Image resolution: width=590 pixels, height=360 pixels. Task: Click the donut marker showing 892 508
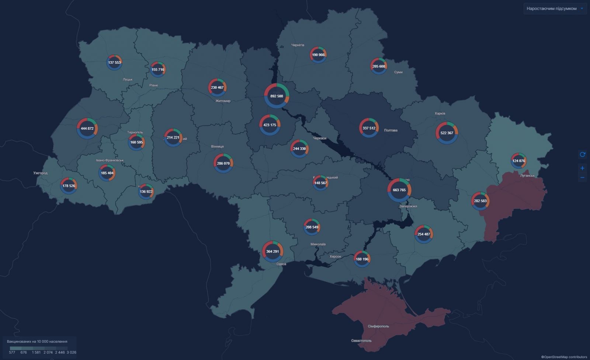(x=277, y=96)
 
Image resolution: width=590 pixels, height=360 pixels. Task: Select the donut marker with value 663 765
(x=399, y=190)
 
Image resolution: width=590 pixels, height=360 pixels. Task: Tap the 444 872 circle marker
(x=87, y=128)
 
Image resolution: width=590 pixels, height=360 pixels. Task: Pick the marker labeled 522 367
(x=447, y=133)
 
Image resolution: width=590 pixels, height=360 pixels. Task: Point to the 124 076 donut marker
(x=518, y=161)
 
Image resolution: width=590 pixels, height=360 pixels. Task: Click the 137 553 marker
(x=114, y=62)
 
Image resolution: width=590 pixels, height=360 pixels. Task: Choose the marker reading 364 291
(x=273, y=251)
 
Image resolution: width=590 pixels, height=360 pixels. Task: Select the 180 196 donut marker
(x=361, y=259)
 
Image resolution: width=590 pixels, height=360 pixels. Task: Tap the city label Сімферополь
(x=378, y=326)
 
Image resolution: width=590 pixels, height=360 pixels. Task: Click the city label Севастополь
(x=361, y=340)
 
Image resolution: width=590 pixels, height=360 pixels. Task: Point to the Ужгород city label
(x=40, y=173)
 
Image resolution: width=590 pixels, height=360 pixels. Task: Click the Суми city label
(x=398, y=72)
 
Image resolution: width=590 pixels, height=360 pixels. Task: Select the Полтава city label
(x=391, y=130)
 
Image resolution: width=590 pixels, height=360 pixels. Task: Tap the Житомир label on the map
(x=223, y=101)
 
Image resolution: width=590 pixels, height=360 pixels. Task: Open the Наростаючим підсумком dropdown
(x=555, y=8)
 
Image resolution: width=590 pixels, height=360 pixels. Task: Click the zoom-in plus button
(x=582, y=168)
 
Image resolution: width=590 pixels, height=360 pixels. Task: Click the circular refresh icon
(x=582, y=154)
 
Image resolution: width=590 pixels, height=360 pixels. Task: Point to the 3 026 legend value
(x=71, y=352)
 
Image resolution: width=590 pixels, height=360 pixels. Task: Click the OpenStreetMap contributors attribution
(x=564, y=357)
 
